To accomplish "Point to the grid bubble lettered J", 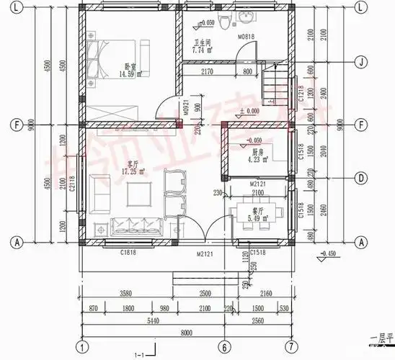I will coord(359,63).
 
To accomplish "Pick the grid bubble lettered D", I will coord(359,176).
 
